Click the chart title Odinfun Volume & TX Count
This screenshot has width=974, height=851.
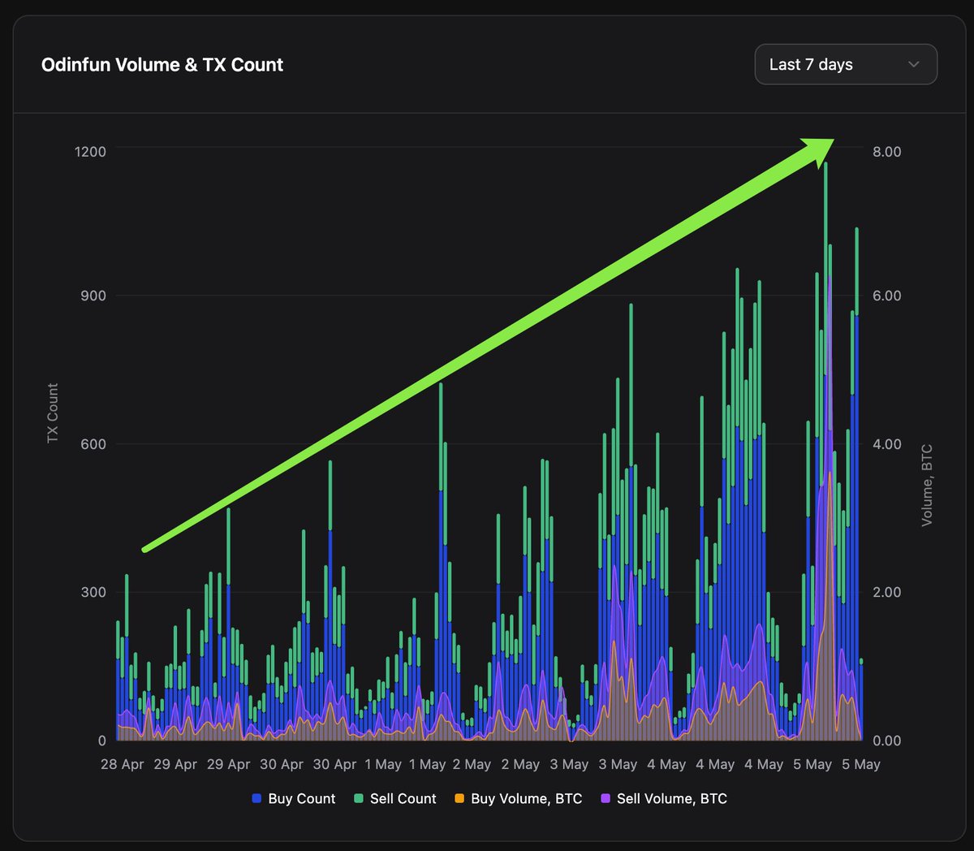click(162, 65)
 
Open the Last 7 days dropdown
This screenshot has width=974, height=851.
click(845, 64)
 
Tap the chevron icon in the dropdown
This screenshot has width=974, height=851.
click(913, 64)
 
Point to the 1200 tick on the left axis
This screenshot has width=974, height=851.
click(91, 152)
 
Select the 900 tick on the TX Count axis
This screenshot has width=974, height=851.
click(93, 296)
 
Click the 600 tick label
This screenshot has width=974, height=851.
click(93, 444)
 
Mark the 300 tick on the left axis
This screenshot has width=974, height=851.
click(93, 592)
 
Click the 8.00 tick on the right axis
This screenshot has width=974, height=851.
click(886, 152)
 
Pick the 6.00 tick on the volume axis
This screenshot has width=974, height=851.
click(886, 296)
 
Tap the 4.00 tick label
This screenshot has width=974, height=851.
click(886, 444)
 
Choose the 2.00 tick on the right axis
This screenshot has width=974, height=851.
click(886, 592)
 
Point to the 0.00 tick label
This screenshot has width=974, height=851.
click(886, 741)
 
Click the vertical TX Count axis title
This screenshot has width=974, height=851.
click(53, 413)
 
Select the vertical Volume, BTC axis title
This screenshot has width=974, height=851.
click(926, 485)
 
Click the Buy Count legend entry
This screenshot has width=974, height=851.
click(294, 799)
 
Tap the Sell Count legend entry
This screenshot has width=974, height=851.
click(395, 799)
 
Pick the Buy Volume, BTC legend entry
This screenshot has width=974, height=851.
click(519, 799)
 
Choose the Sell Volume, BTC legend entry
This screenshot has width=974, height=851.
click(664, 799)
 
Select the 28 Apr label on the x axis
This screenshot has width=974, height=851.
click(123, 764)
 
